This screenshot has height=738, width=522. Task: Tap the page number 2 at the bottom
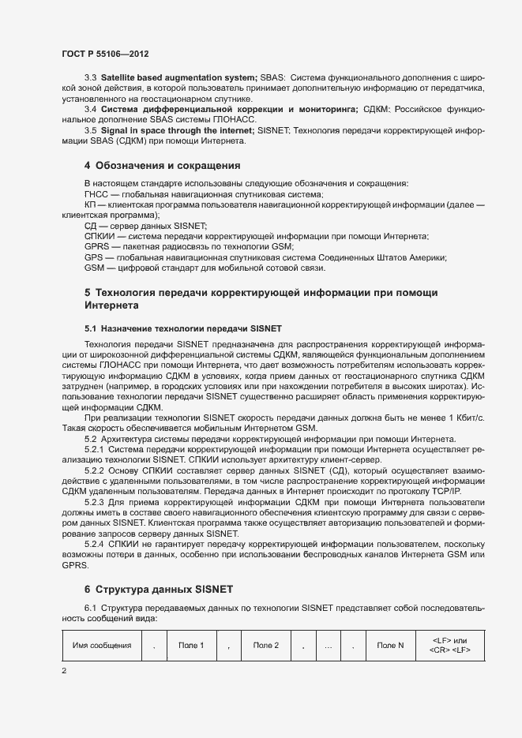point(64,671)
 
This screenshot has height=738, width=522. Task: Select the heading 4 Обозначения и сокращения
point(162,166)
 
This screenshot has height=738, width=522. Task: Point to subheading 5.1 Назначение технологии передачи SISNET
point(183,328)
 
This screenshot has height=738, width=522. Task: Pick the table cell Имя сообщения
point(102,646)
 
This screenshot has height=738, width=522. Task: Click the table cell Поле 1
point(191,646)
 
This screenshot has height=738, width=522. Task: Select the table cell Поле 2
point(266,646)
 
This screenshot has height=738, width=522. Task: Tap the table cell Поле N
point(390,646)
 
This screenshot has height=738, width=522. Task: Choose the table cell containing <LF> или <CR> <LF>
point(449,646)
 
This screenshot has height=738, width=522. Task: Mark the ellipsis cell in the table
point(328,646)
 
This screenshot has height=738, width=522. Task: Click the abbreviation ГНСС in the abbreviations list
point(97,194)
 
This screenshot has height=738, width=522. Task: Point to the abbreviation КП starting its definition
point(90,205)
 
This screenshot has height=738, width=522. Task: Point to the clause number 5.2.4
point(94,544)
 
